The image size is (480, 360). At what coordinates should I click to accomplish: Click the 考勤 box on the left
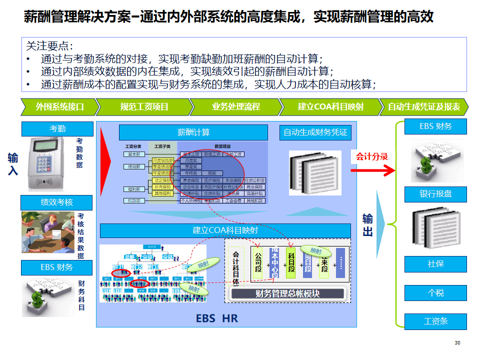pos(57,129)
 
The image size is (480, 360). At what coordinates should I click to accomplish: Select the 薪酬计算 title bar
pos(193,132)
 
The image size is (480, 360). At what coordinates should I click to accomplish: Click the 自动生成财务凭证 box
pos(315,132)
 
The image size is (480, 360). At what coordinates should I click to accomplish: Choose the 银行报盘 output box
pos(435,194)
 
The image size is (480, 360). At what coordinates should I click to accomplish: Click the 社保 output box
pos(435,263)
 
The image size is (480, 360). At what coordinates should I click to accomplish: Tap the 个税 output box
pos(435,292)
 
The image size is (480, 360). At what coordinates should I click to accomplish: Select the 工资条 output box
pos(435,321)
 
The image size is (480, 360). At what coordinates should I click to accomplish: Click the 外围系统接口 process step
pos(59,107)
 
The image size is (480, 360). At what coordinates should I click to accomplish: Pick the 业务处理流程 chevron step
pos(236,107)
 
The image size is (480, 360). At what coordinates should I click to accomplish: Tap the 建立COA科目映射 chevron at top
pos(330,107)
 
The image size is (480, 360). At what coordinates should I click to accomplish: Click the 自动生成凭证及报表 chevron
pos(423,107)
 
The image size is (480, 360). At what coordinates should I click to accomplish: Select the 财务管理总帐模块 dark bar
pos(287,294)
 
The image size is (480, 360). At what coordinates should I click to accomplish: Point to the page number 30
pos(457,343)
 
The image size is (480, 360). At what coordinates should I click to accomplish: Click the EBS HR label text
pos(216,318)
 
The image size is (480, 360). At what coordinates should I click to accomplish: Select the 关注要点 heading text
pos(49,46)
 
